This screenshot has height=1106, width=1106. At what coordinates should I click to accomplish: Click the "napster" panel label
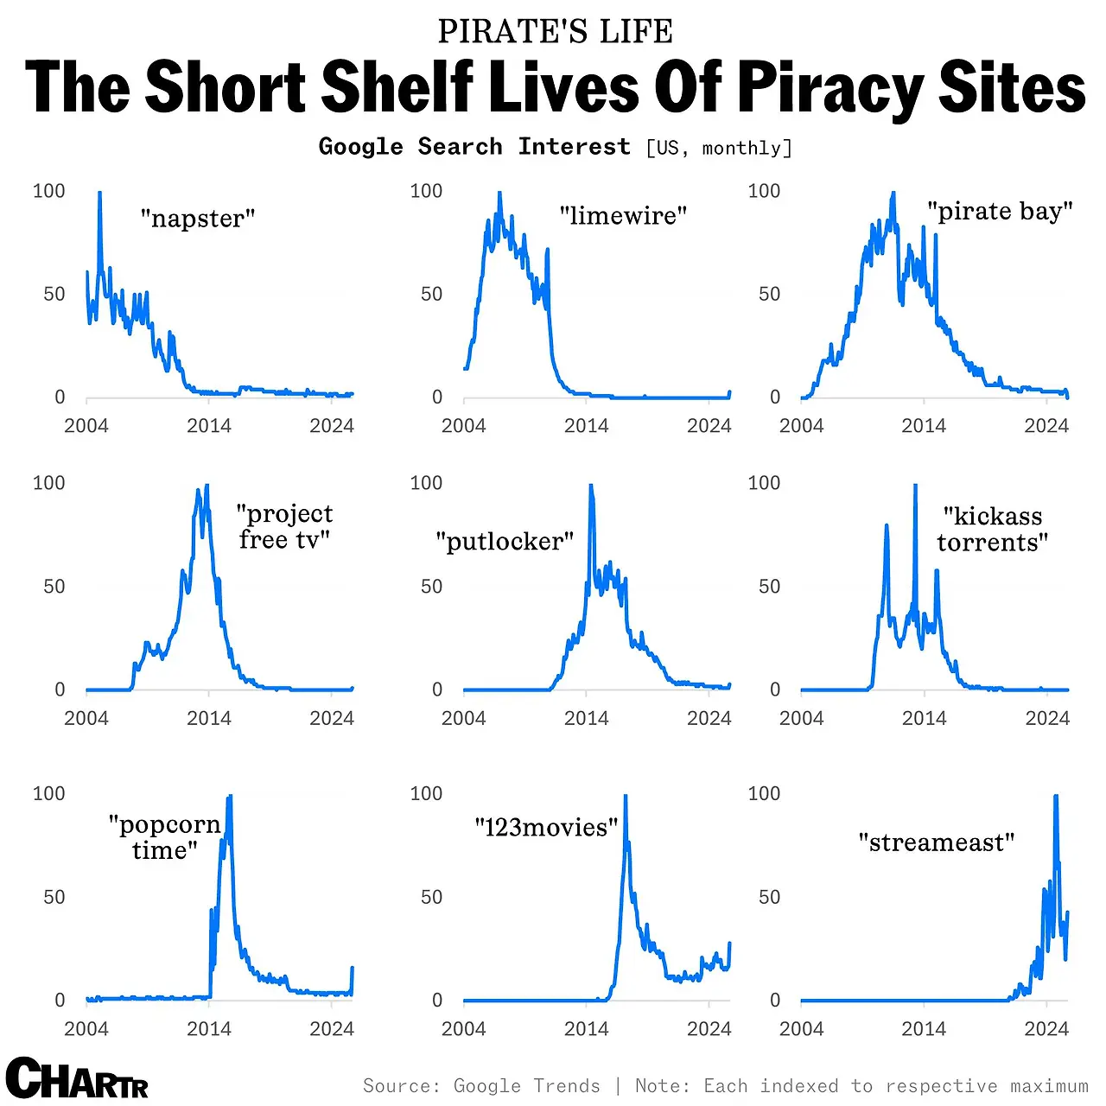[x=198, y=219]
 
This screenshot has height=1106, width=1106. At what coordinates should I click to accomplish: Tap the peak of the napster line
[x=99, y=194]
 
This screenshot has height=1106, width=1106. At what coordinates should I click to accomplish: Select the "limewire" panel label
[x=623, y=215]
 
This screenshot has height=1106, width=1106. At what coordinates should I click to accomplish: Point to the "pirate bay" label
[x=1000, y=212]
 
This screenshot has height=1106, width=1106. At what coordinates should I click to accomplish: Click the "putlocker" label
[x=505, y=542]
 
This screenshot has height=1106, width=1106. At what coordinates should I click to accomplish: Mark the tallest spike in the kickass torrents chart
[x=915, y=486]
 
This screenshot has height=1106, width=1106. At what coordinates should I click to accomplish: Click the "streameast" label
[x=937, y=842]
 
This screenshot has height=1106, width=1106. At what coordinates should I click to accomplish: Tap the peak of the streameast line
[x=1056, y=797]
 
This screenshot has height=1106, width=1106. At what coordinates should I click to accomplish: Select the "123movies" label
[x=546, y=828]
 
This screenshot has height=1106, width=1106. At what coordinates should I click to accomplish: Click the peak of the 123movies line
[x=626, y=797]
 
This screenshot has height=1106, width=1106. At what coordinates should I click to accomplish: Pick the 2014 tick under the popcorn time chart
[x=209, y=1028]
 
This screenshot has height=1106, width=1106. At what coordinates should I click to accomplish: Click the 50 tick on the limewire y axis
[x=431, y=295]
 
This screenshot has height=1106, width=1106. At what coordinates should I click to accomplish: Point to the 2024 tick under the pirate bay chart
[x=1046, y=425]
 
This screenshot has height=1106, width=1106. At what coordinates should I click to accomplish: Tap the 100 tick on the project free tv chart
[x=48, y=483]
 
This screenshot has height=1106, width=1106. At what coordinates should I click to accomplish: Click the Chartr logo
[x=76, y=1078]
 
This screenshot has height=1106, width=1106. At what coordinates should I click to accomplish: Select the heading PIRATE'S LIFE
[x=555, y=32]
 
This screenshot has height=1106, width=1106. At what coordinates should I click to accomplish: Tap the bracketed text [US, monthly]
[x=719, y=148]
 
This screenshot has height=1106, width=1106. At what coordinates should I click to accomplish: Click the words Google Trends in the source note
[x=526, y=1086]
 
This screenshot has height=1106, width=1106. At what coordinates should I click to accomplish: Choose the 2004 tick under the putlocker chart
[x=463, y=717]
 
